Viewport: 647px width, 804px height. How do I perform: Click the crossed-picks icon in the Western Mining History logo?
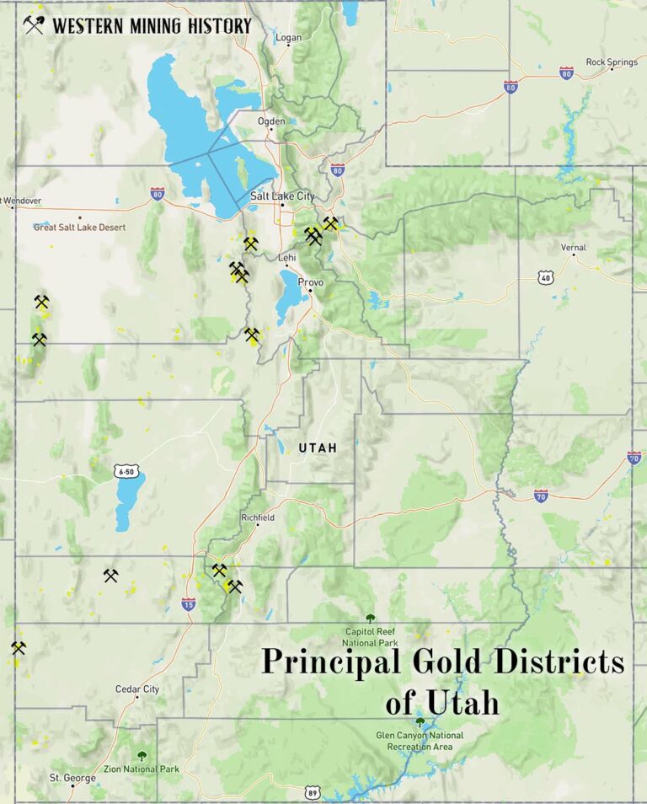pos(34,25)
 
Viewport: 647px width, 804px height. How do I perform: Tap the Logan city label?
pos(288,38)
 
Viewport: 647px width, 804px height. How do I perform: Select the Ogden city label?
pos(271,121)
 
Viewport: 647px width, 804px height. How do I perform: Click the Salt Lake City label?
pos(282,196)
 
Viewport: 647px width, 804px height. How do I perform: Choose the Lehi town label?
pos(287,258)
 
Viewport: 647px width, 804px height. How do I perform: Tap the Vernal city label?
pos(573,248)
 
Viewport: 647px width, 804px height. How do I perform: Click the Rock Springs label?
pos(612,62)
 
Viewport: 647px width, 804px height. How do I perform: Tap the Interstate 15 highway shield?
pos(189,603)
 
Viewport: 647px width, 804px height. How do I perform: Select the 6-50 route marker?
pos(126,472)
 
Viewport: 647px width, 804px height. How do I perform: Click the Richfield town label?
pos(258,517)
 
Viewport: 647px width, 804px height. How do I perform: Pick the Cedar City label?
pos(137,689)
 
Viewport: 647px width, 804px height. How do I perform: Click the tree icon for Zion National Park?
pos(142,756)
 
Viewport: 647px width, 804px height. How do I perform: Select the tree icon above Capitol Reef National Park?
pos(370,619)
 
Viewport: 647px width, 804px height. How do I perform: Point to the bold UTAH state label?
pos(318,448)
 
